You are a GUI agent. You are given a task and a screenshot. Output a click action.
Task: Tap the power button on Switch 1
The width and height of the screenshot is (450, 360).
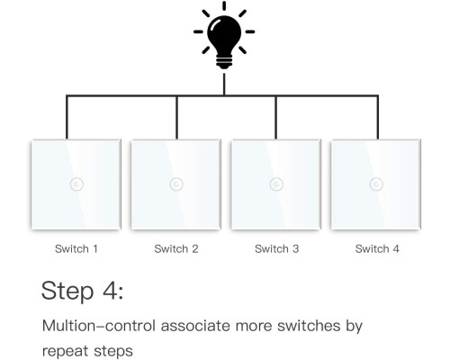click(x=76, y=184)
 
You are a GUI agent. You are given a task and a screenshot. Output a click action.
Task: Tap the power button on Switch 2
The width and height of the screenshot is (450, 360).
click(x=176, y=184)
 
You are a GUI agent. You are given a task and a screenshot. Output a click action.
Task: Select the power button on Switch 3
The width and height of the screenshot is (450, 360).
click(x=276, y=184)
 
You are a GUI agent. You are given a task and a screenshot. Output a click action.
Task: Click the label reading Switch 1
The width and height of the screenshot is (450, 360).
click(x=76, y=248)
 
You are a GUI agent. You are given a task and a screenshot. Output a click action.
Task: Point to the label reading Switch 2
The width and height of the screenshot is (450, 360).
click(x=176, y=248)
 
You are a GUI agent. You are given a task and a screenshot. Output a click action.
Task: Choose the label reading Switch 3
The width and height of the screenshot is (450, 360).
click(x=276, y=248)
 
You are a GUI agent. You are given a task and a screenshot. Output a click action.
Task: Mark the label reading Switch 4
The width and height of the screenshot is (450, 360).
click(x=377, y=248)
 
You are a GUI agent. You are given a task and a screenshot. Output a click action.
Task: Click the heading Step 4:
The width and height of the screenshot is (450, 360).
click(x=82, y=291)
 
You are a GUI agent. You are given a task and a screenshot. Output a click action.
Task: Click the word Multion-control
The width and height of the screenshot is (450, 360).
click(x=99, y=326)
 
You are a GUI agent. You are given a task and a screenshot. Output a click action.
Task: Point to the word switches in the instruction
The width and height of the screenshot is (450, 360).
click(x=309, y=326)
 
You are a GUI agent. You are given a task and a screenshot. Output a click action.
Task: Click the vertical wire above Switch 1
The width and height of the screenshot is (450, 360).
click(x=67, y=117)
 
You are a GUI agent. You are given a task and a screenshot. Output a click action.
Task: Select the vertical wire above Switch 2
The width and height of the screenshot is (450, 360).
click(x=176, y=117)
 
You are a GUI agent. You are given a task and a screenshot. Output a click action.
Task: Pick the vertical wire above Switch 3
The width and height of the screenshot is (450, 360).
click(x=276, y=117)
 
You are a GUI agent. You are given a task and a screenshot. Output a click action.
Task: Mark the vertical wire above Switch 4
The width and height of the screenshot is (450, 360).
click(x=377, y=117)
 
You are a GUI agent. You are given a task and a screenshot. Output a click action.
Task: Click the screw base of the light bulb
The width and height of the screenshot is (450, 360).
click(x=224, y=62)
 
